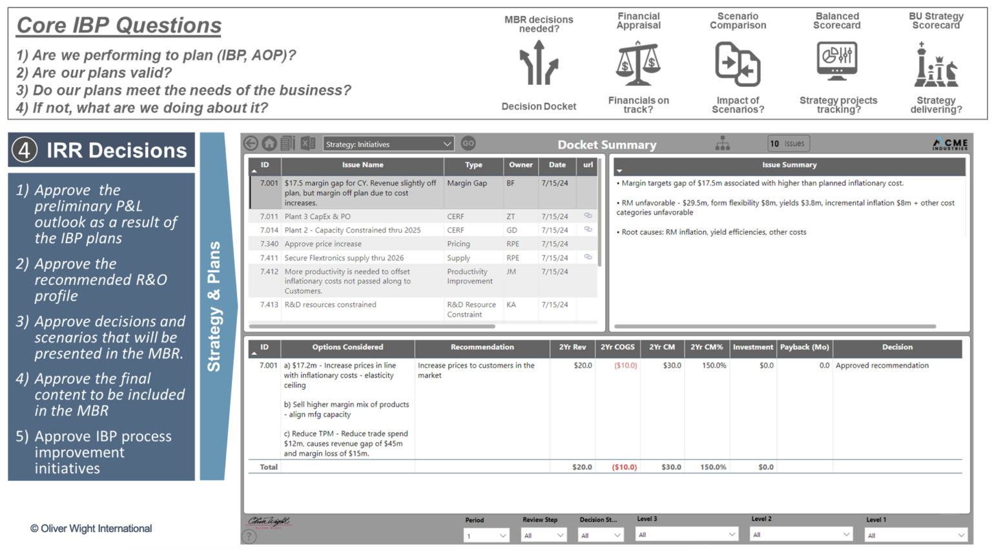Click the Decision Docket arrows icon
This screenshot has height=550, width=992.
(538, 63)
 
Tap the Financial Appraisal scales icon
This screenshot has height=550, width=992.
(637, 63)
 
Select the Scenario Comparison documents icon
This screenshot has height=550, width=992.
(738, 64)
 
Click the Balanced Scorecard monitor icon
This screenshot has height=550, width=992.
(837, 62)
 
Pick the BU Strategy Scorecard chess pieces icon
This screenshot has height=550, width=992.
(935, 65)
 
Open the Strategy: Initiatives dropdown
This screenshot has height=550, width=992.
(387, 144)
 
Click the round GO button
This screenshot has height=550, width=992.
(468, 143)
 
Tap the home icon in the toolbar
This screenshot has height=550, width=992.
(269, 143)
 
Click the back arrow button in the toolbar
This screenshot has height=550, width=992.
(251, 143)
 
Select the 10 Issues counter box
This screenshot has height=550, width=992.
(788, 143)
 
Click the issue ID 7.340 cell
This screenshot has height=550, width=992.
(269, 244)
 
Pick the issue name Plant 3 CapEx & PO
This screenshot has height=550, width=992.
(317, 217)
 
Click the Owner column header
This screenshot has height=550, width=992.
(521, 165)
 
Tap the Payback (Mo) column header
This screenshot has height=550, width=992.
(804, 348)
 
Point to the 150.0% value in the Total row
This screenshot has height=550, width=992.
(713, 467)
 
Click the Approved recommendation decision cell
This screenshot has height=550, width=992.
(882, 366)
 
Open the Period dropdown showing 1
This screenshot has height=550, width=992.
(486, 536)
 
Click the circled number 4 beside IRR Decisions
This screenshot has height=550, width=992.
(25, 150)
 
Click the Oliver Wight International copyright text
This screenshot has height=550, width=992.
(91, 529)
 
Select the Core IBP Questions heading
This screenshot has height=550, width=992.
(119, 26)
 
